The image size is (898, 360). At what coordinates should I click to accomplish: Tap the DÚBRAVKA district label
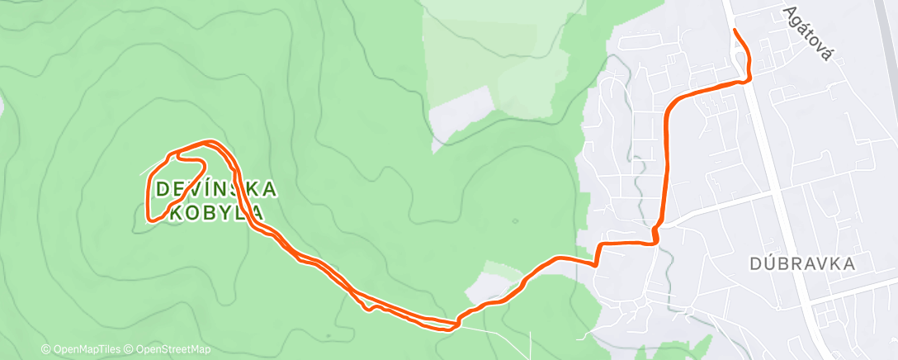pos(801,263)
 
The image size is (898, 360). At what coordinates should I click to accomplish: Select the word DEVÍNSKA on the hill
pos(216,189)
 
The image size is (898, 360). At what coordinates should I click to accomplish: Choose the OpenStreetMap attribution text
pos(168,350)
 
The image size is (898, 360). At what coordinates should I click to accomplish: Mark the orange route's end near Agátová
pos(734,31)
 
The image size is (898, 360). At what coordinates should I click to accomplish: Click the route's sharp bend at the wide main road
pos(749,79)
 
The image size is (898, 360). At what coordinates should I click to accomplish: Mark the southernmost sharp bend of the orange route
pos(453,324)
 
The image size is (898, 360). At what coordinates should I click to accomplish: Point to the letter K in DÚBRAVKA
pos(831,263)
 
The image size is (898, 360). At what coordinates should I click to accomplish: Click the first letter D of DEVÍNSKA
pos(163,189)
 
